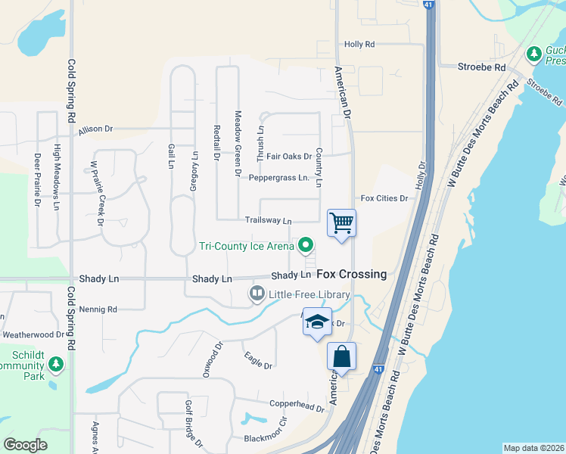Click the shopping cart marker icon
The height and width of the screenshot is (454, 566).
pos(341,223)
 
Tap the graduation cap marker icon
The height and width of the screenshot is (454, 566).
pos(318,322)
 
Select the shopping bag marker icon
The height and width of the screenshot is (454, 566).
pos(341,356)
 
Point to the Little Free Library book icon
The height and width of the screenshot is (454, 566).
pos(257,294)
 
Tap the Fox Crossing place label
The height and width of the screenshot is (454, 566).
pos(351,274)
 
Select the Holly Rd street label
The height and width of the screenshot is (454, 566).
pos(359,45)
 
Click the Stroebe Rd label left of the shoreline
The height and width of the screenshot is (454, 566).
pos(481,67)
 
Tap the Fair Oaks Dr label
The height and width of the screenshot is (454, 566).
pos(289,157)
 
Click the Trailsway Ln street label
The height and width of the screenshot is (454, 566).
pos(268,221)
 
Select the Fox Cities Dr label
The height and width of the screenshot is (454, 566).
pos(384,198)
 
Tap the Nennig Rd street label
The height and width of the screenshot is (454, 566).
pos(102,309)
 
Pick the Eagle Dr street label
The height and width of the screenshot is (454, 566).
pos(257,361)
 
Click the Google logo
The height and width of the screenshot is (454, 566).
pos(25,445)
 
